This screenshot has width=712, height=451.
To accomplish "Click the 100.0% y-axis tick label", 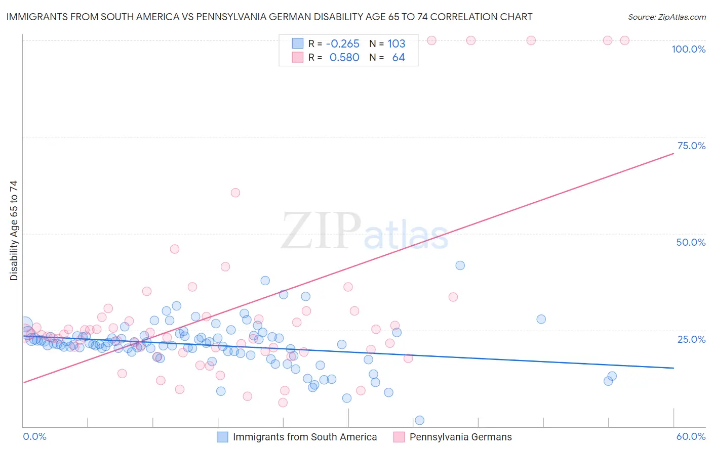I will coord(688,49).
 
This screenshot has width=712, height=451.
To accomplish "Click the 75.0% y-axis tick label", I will coord(691,146).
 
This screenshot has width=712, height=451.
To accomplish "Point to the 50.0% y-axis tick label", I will coord(691,242).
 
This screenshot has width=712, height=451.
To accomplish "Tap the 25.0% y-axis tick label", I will coord(691,339).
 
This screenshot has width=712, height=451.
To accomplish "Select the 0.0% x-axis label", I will coord(34,436).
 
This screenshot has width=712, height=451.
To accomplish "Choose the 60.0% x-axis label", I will coord(691,436).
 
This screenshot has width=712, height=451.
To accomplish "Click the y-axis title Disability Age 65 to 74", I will coord(14,231).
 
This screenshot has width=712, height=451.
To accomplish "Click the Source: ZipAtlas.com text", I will coord(666,17).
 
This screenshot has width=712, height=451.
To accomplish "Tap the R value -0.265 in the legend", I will coord(342,43).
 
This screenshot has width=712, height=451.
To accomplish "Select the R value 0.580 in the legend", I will coord(344,58).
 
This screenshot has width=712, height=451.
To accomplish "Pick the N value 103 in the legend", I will coord(397,43).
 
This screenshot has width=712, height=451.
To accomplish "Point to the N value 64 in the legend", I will coord(399,58).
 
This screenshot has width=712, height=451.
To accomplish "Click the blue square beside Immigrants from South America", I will coord(222,437).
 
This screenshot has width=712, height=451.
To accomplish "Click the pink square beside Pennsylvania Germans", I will coord(399,437).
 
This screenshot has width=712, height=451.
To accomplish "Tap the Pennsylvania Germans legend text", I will coord(460,437).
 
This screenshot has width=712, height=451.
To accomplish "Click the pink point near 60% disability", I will coord(235,193).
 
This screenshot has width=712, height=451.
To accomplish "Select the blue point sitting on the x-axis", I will coord(419,420).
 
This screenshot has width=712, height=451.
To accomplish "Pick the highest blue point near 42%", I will coord(460,265).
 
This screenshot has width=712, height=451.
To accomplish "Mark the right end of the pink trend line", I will coord(674,153).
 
